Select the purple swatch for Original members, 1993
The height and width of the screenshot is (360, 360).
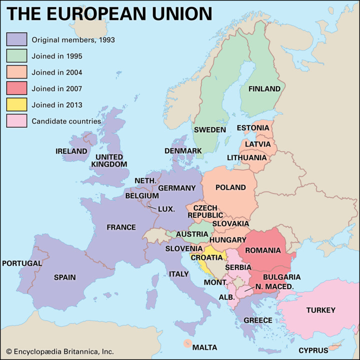coord(16,39)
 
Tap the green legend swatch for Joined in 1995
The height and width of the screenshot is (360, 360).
coord(16,55)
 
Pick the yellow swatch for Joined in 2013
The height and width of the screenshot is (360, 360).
coord(16,104)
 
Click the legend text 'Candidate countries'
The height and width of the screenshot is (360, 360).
coord(66,121)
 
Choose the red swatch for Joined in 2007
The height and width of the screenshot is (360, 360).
coord(16,88)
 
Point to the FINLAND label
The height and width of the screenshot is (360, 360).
coord(264,88)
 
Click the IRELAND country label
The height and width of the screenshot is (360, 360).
coord(71,151)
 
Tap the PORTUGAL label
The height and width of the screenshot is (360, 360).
coord(22,263)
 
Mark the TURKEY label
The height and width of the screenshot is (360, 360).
coord(320,310)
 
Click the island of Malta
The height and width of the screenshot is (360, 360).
coord(187,343)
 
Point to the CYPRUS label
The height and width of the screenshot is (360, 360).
coord(313,350)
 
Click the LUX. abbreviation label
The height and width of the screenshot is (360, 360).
coord(166,209)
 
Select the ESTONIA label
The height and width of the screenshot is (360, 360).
coord(253,127)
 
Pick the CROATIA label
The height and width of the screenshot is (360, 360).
coord(206,257)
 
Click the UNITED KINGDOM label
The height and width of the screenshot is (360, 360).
coord(109,160)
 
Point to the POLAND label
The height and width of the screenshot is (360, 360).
coord(230,187)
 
